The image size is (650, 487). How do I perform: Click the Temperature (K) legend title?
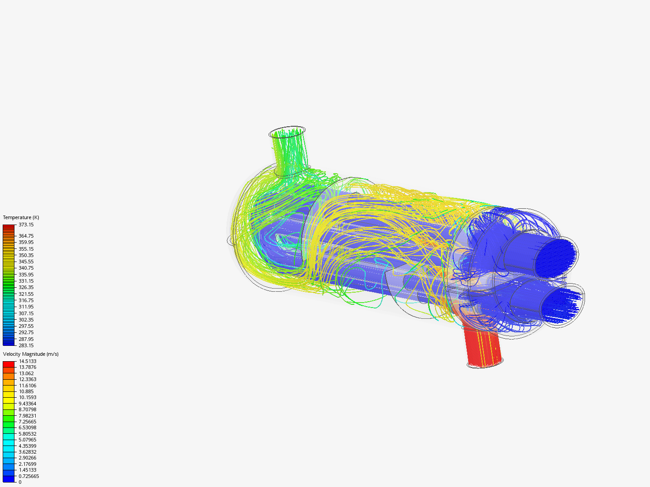(21, 217)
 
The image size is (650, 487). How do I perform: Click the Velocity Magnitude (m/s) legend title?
(31, 354)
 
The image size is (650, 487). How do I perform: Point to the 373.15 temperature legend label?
(26, 225)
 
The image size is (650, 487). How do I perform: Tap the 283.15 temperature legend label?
(26, 345)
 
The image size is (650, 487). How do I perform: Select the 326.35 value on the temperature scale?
(26, 287)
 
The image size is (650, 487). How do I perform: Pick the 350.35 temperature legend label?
(26, 255)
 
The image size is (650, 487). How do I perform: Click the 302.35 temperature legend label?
(26, 320)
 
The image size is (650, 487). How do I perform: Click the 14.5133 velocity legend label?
(28, 361)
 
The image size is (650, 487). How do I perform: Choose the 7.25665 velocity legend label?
(28, 422)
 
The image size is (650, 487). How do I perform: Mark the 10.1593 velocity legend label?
(28, 397)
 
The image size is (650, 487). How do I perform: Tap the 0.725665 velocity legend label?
(29, 476)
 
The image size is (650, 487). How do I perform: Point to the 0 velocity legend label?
(20, 482)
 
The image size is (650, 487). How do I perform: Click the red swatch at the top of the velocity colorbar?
(9, 364)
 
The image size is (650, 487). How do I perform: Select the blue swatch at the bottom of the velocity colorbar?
(9, 479)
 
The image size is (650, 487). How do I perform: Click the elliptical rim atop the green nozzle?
(287, 129)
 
